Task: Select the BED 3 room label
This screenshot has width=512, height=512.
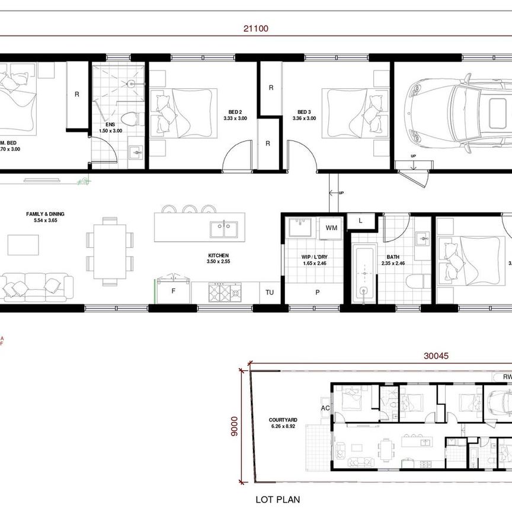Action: point(303,111)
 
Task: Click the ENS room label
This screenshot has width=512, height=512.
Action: point(110,124)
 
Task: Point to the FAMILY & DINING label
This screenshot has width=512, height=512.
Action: point(45,214)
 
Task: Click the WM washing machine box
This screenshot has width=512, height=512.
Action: point(331,227)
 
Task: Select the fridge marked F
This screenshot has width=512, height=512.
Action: point(173,291)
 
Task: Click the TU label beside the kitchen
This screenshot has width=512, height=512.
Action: point(269,292)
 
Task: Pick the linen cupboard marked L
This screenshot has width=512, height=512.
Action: point(361,221)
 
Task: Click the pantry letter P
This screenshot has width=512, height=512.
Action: point(318,292)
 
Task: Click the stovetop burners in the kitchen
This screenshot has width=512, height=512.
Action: point(225,292)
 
